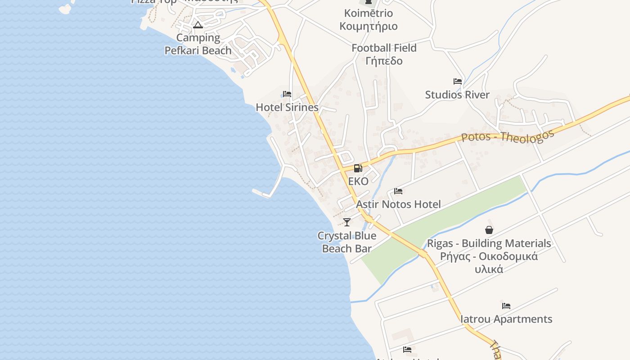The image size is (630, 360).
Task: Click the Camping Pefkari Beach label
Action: [x=198, y=44]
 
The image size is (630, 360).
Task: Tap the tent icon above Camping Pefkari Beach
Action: [x=198, y=24]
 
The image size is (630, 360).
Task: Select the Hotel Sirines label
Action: [x=287, y=108]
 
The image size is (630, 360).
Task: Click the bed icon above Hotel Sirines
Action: [x=287, y=94]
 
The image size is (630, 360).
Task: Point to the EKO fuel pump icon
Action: [x=358, y=168]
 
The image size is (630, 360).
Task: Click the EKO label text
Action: [x=358, y=181]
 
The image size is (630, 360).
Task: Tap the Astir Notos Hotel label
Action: [x=398, y=204]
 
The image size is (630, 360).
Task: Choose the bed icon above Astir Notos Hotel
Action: [x=398, y=191]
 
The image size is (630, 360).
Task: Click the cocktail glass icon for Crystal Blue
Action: [x=346, y=222]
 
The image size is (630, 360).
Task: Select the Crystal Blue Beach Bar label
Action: [x=347, y=242]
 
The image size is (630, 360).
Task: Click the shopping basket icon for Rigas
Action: [x=489, y=230]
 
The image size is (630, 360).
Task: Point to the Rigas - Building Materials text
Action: [x=489, y=243]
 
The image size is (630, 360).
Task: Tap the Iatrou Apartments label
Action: [x=506, y=319]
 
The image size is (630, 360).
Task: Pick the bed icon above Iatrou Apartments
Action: [x=506, y=306]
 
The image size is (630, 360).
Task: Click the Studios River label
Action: [x=457, y=95]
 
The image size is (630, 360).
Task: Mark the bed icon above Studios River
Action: [x=458, y=81]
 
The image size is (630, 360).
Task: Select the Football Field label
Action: [x=384, y=48]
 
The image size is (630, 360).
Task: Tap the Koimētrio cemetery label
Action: [x=369, y=13]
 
